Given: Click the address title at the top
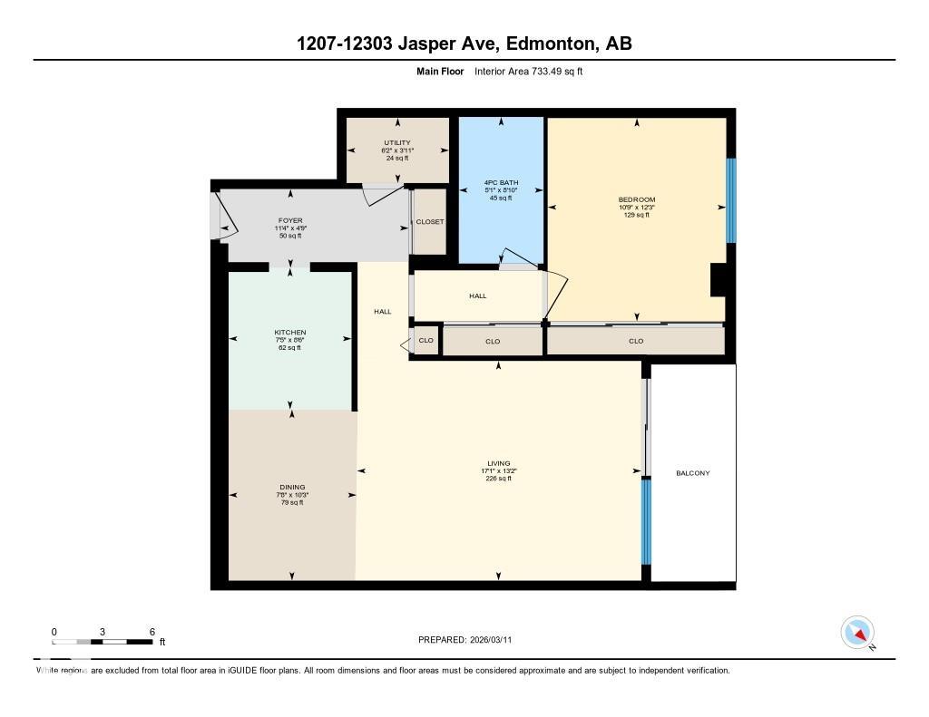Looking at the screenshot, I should pos(464,44).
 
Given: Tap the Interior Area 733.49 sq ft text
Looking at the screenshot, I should pos(528,71).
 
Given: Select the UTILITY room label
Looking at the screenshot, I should pos(397,142).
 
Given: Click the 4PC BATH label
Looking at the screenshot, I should pos(501,183).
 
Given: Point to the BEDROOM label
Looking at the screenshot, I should pos(636,199).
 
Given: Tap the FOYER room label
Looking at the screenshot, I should pos(290,220).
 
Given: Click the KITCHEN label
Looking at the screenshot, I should pos(290,333).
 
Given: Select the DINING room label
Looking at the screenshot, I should pos(291,487).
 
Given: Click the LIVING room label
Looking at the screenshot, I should pos(499,463).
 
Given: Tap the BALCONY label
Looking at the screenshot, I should pos(693,473).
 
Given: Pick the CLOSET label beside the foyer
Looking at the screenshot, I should pos(430,222).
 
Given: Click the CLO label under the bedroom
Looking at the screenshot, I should pos(636,341).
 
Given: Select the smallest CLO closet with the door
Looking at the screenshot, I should pos(425,341).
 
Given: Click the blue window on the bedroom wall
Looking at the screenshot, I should pos(731,200).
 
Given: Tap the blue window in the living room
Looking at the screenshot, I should pos(646,521).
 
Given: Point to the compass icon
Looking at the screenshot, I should pos(857,632).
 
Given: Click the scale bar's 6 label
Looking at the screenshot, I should pos(152,632).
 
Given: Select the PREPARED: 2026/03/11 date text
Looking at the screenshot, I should pos(470,640).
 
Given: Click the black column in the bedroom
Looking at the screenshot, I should pos(717,279).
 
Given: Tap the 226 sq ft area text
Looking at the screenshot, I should pos(499,479).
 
